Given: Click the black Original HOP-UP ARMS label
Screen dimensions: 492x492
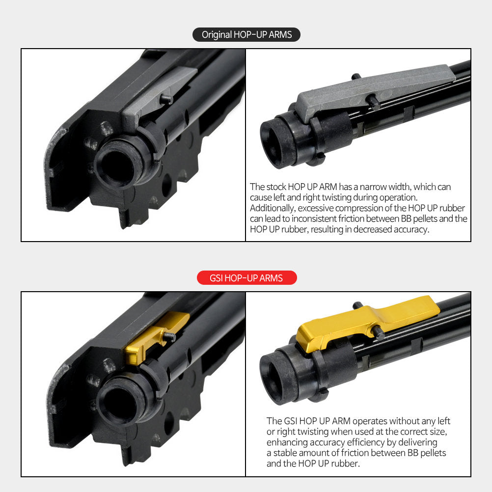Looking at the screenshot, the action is point(246,34).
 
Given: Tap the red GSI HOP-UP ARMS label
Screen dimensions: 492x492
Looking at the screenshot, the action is point(246,278).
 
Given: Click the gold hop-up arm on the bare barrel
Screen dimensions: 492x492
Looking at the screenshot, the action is point(367,322).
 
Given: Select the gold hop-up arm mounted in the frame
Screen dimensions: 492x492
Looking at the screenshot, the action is point(154,337).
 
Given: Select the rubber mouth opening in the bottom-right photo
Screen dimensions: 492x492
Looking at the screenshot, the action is point(273,381).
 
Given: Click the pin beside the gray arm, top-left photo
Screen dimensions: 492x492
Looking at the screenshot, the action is point(166,99).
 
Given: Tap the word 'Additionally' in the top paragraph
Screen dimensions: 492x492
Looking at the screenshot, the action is point(273,208).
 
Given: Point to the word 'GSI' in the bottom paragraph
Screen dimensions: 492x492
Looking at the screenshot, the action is point(290,421).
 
